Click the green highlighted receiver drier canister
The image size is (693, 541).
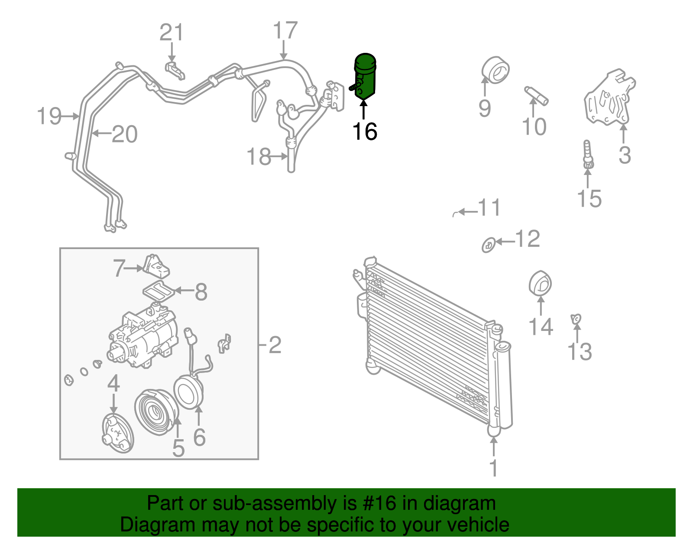(x=366, y=76)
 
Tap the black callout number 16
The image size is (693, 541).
(x=365, y=131)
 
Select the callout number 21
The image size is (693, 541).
(x=172, y=32)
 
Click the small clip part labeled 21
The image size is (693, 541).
(x=175, y=70)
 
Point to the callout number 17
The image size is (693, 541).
(x=285, y=31)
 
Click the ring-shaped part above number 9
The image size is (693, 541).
(x=495, y=69)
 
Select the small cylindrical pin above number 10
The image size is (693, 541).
(x=536, y=95)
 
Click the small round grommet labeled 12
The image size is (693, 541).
(x=489, y=245)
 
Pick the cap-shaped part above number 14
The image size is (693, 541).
(x=540, y=283)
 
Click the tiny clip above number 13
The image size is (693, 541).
(x=576, y=319)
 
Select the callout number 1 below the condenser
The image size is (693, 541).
(x=493, y=468)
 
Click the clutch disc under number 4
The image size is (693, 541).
(x=117, y=433)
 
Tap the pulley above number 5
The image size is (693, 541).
(x=156, y=412)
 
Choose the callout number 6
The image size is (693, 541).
(x=199, y=437)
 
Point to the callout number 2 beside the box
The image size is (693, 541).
(x=275, y=345)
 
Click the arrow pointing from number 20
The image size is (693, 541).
(x=102, y=133)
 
